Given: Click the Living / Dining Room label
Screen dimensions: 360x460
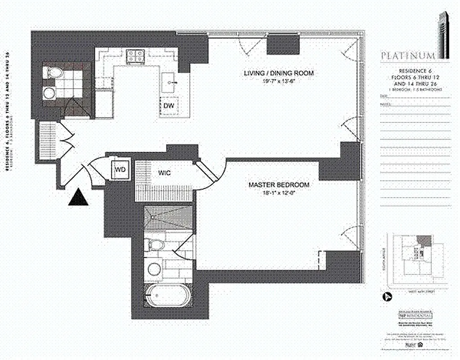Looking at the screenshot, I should (278, 73).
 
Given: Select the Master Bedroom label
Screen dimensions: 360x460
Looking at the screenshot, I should (279, 185).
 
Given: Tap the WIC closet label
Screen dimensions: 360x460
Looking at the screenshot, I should (164, 172).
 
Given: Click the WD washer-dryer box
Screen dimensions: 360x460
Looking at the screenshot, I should (121, 170).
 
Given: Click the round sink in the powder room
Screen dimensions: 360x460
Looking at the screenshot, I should (49, 93).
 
